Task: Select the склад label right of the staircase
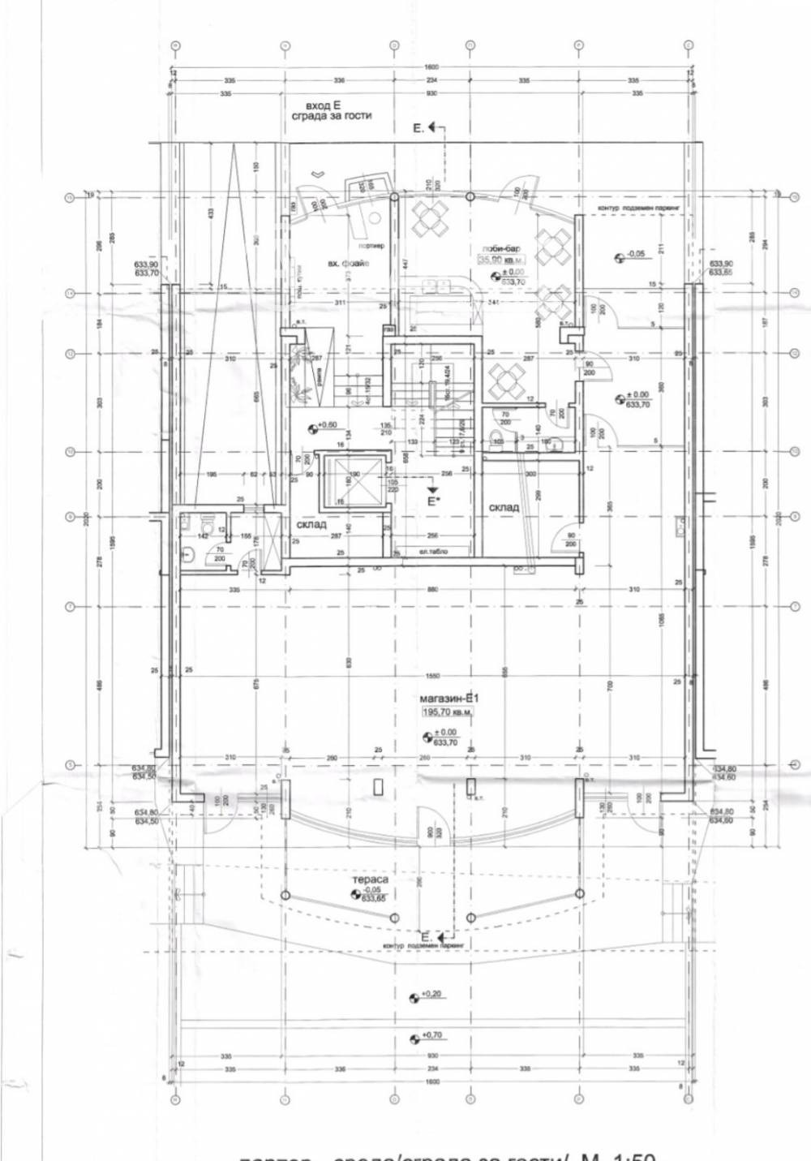[504, 507]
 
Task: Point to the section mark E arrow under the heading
[426, 128]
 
